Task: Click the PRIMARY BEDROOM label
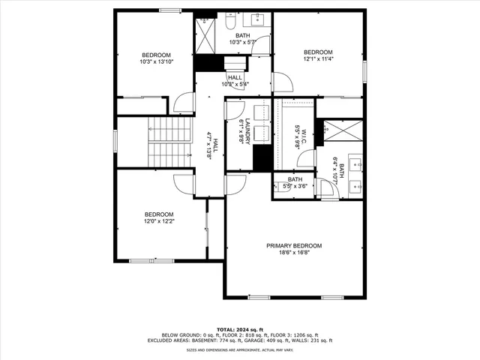[x=294, y=246]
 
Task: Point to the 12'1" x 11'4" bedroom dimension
[x=319, y=59]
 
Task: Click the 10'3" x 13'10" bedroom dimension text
[x=156, y=62]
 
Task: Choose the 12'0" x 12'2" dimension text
[x=159, y=221]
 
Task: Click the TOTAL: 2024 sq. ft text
[x=240, y=329]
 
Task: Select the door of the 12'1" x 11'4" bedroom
[x=283, y=82]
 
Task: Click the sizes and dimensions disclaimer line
[x=240, y=349]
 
